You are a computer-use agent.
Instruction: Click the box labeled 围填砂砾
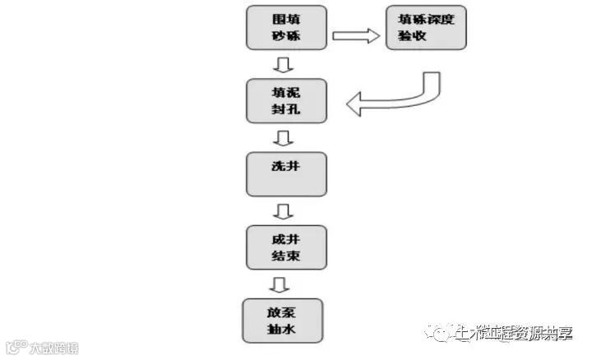pyautogui.click(x=286, y=28)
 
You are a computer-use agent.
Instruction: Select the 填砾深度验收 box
pyautogui.click(x=426, y=28)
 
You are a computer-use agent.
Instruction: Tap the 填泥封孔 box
pyautogui.click(x=286, y=101)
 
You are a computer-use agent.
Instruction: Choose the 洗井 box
pyautogui.click(x=286, y=173)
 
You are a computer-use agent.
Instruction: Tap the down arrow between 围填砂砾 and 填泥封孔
pyautogui.click(x=284, y=65)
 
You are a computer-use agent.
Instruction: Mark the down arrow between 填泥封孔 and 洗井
pyautogui.click(x=284, y=137)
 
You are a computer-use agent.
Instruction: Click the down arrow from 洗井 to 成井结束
pyautogui.click(x=284, y=211)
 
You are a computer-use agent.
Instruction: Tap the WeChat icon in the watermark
pyautogui.click(x=442, y=333)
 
